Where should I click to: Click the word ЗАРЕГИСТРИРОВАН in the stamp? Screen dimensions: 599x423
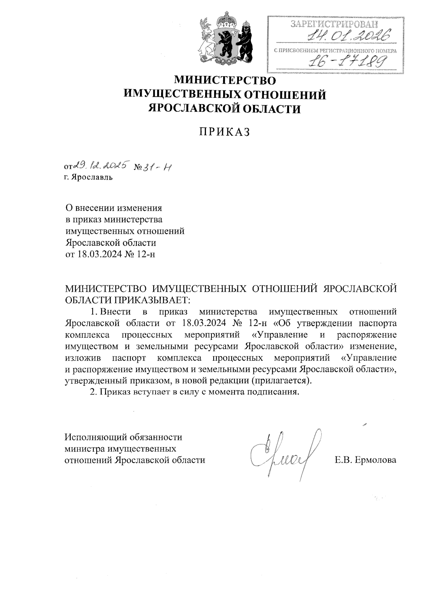tap(333, 24)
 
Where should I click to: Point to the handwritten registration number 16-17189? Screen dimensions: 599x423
tap(346, 62)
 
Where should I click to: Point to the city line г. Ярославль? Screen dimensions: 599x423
tap(88, 177)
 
